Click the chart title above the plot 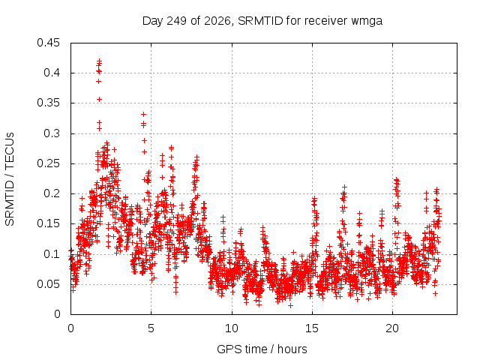(262, 21)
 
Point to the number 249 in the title (176, 21)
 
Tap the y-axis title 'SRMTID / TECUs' (10, 178)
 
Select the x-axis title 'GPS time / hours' (262, 349)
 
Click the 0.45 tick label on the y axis (48, 43)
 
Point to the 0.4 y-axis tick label (52, 73)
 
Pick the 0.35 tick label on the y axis (48, 103)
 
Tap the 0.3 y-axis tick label (52, 133)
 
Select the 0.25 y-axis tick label (48, 163)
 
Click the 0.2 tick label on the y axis (52, 193)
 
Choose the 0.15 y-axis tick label (48, 223)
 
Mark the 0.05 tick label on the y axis (48, 284)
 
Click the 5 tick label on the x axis (151, 328)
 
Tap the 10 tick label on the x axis (232, 328)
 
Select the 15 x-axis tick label (312, 328)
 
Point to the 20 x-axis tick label (392, 328)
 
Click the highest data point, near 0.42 (99, 61)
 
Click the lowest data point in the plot (290, 305)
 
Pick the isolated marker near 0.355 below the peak (99, 100)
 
